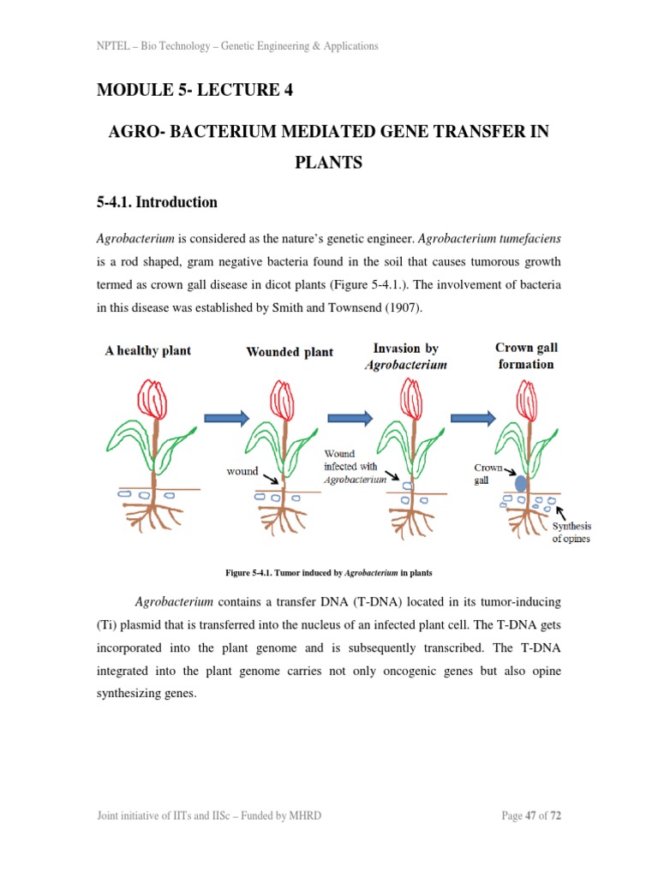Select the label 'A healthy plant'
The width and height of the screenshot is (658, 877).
click(x=147, y=350)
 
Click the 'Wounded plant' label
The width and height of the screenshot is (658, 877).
click(x=290, y=352)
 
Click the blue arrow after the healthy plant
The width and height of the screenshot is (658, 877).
click(x=226, y=417)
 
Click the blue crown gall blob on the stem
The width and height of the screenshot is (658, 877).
click(x=520, y=482)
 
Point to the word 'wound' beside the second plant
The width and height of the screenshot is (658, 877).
click(x=242, y=471)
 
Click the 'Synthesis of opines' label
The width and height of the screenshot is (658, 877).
click(x=571, y=532)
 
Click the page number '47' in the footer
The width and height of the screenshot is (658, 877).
click(x=530, y=815)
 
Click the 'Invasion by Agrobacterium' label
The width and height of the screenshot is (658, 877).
click(x=405, y=356)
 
